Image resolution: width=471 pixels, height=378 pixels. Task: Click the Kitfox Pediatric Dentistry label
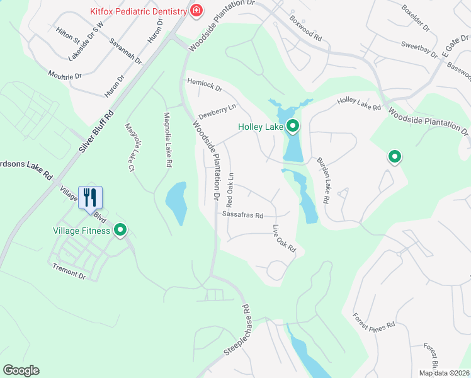coord(139,11)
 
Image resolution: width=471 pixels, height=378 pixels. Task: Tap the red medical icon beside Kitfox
coord(196,11)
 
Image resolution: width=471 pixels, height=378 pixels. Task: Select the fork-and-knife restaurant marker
coord(90,197)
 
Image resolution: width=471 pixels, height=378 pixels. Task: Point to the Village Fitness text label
coord(81,231)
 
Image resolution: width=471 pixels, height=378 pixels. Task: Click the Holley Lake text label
coord(261,127)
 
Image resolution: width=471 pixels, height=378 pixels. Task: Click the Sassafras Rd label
coord(242,214)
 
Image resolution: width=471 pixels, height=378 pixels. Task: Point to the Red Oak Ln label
coord(230,190)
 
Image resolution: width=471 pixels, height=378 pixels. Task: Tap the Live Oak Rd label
coord(285,239)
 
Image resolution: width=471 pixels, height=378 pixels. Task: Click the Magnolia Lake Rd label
coord(167,139)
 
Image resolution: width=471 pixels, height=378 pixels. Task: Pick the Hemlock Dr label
coord(205,85)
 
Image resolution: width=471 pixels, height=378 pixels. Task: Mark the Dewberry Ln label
coord(217,112)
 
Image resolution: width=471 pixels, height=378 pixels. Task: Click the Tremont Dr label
coord(69,270)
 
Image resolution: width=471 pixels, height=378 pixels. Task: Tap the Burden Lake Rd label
coord(323,180)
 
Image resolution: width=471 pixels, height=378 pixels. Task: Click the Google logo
coord(21,370)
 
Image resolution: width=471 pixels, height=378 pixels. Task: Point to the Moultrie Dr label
coord(65,76)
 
